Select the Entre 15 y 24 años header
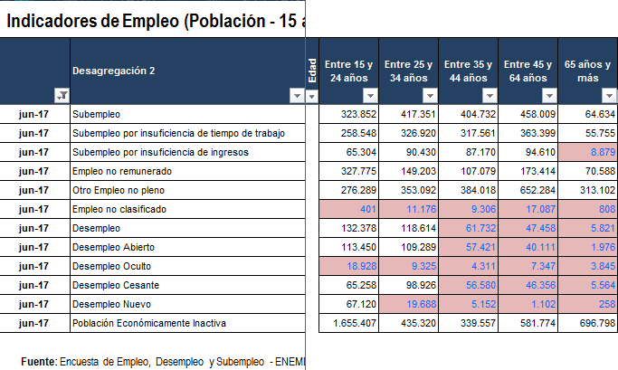click(x=349, y=71)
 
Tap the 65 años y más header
click(x=587, y=71)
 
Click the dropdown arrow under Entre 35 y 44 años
click(x=489, y=95)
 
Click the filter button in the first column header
click(x=62, y=95)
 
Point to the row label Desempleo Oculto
click(x=111, y=266)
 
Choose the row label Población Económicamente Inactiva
click(x=149, y=323)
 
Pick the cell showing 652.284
click(x=530, y=190)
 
